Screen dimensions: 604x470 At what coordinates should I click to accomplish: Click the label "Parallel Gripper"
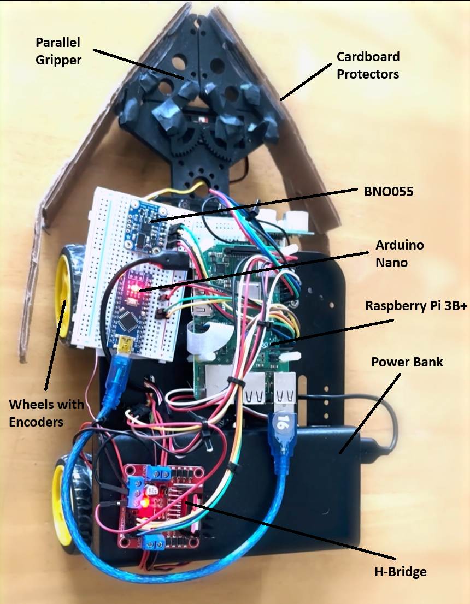click(x=58, y=51)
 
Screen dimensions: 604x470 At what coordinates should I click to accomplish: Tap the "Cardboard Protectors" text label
click(x=368, y=65)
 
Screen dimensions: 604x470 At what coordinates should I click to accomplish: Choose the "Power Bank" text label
click(x=400, y=362)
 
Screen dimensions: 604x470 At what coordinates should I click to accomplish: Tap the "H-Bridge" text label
click(x=401, y=572)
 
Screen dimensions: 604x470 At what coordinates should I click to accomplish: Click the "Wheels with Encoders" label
click(x=46, y=413)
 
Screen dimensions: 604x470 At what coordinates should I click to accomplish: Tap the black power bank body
click(x=322, y=492)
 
